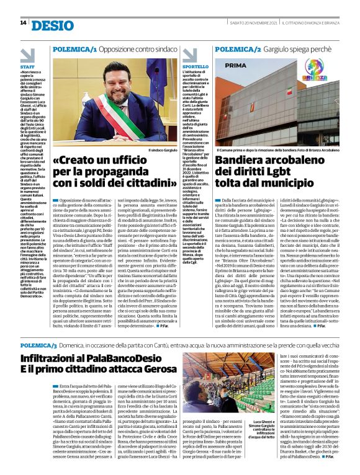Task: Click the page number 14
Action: tap(23, 23)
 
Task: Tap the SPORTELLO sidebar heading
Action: tap(196, 66)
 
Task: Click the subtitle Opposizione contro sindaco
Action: tap(135, 48)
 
